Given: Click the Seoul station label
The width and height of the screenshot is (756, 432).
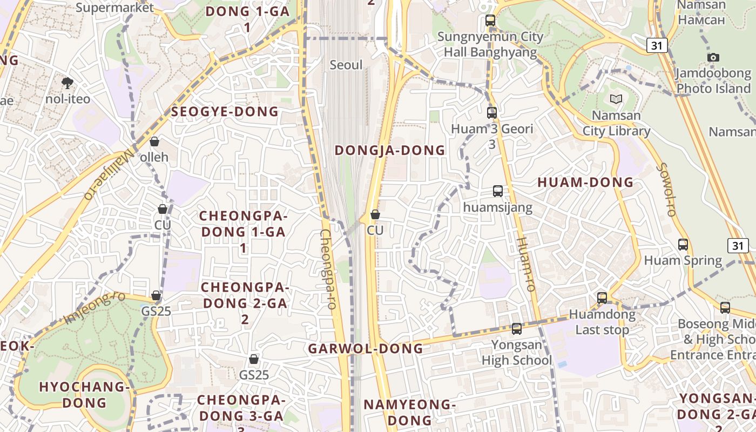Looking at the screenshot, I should pos(346,65).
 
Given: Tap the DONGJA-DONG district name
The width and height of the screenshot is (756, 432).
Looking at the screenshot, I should pos(390,151).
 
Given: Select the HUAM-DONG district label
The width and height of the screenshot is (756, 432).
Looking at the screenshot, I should pos(585,183).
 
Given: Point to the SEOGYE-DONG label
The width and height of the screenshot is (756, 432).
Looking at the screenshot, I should pos(225,112).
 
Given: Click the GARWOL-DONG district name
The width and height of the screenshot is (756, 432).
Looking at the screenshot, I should pos(366,349).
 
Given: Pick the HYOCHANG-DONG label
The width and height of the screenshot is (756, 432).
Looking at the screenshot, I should pos(84,395).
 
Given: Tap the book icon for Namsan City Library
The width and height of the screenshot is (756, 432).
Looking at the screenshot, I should pos(616,99).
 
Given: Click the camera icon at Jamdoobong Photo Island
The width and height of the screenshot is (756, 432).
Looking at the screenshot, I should pos(713,57).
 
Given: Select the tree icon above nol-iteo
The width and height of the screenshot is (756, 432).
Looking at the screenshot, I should pos(67,83).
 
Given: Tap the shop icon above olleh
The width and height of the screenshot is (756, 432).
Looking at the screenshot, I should pos(154,142).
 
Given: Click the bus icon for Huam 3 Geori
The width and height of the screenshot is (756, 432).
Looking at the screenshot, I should pos(492,113).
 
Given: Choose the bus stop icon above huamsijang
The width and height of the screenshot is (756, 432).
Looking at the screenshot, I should pos(498,191).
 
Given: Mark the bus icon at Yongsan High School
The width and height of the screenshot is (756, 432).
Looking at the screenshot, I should pos(517,328).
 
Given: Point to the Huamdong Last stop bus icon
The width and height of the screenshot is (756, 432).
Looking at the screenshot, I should pos(602,298).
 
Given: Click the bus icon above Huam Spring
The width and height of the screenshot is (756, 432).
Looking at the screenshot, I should pos(683,245).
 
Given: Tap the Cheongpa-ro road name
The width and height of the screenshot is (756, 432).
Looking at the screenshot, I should pos(328,269).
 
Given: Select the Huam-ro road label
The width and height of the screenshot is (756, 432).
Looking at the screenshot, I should pos(525,265).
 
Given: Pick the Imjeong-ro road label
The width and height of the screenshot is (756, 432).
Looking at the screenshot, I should pos(94,308).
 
